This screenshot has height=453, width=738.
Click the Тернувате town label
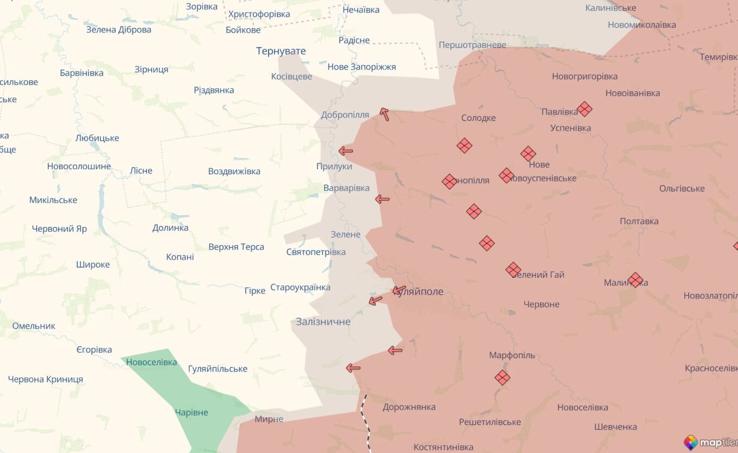pos(281,51)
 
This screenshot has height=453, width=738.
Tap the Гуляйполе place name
pos(420,292)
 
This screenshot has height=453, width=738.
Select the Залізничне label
pos(323,322)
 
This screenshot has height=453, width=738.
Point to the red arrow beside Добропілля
pos(384,114)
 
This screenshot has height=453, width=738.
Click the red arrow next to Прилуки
pos(346,151)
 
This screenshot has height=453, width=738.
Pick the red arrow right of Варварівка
pos(383,199)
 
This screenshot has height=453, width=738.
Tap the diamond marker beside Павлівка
pos(584,109)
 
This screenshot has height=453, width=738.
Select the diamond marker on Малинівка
pos(635,280)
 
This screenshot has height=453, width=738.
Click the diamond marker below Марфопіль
pos(502,378)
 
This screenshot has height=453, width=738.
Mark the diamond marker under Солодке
pos(464,145)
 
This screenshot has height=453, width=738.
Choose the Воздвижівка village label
pos(234,171)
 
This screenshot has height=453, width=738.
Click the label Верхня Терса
pos(236,247)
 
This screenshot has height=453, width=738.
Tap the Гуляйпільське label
pos(218,369)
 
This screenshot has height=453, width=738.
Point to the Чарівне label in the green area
pos(192,412)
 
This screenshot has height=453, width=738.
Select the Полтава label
pos(639,221)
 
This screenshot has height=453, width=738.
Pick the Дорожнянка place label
pos(409,407)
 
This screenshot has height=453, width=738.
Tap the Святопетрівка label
pos(316,252)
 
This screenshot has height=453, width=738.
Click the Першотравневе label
pos(472,45)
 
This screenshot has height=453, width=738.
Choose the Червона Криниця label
pos(46,379)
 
